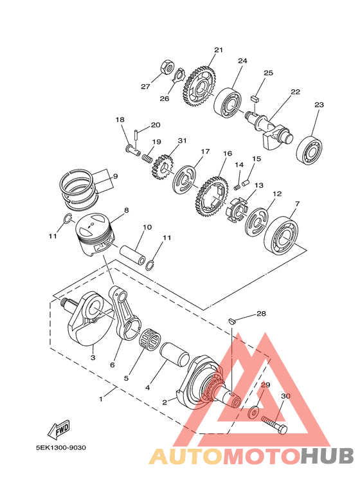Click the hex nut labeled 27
165,66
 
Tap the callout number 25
268,73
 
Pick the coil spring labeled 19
148,156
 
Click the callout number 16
227,154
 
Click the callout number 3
93,357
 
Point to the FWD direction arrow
59,429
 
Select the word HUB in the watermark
327,456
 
